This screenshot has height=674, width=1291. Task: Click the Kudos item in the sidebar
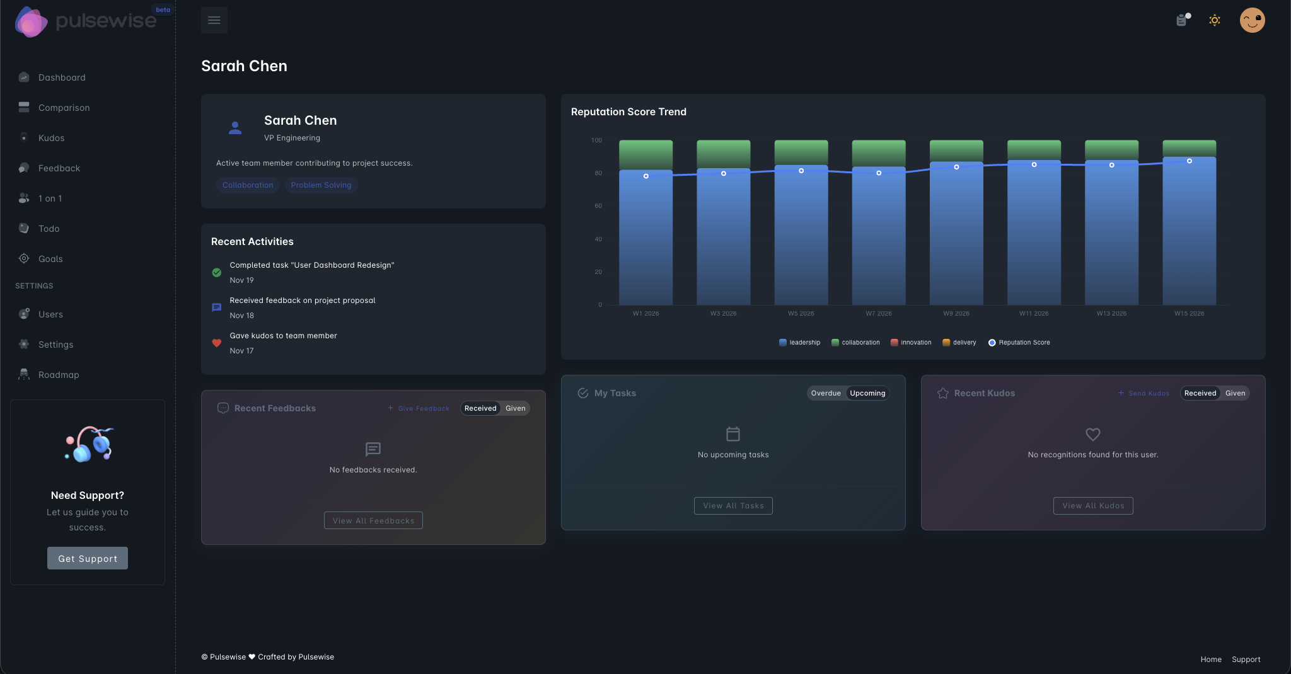point(51,138)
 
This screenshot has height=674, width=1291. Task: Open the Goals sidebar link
point(50,259)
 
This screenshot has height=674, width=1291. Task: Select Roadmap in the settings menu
point(59,375)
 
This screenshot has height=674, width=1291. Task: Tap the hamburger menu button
point(214,20)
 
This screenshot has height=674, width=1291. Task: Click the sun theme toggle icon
point(1215,20)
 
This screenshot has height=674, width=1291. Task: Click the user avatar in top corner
point(1252,20)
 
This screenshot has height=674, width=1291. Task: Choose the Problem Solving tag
point(321,185)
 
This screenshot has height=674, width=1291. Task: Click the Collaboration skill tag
point(248,185)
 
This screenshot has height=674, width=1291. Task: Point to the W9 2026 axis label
point(956,314)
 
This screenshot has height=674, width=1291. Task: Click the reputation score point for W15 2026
point(1190,161)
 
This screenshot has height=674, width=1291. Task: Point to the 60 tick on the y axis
point(598,206)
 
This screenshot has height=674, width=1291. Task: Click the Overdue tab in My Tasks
point(826,393)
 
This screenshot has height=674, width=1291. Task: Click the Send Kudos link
point(1144,393)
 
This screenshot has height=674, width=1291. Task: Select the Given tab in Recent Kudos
point(1235,393)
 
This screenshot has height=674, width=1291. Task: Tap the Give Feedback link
point(419,408)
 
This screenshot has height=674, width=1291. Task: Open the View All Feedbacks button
point(373,521)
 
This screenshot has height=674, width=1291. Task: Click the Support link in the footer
point(1246,660)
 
